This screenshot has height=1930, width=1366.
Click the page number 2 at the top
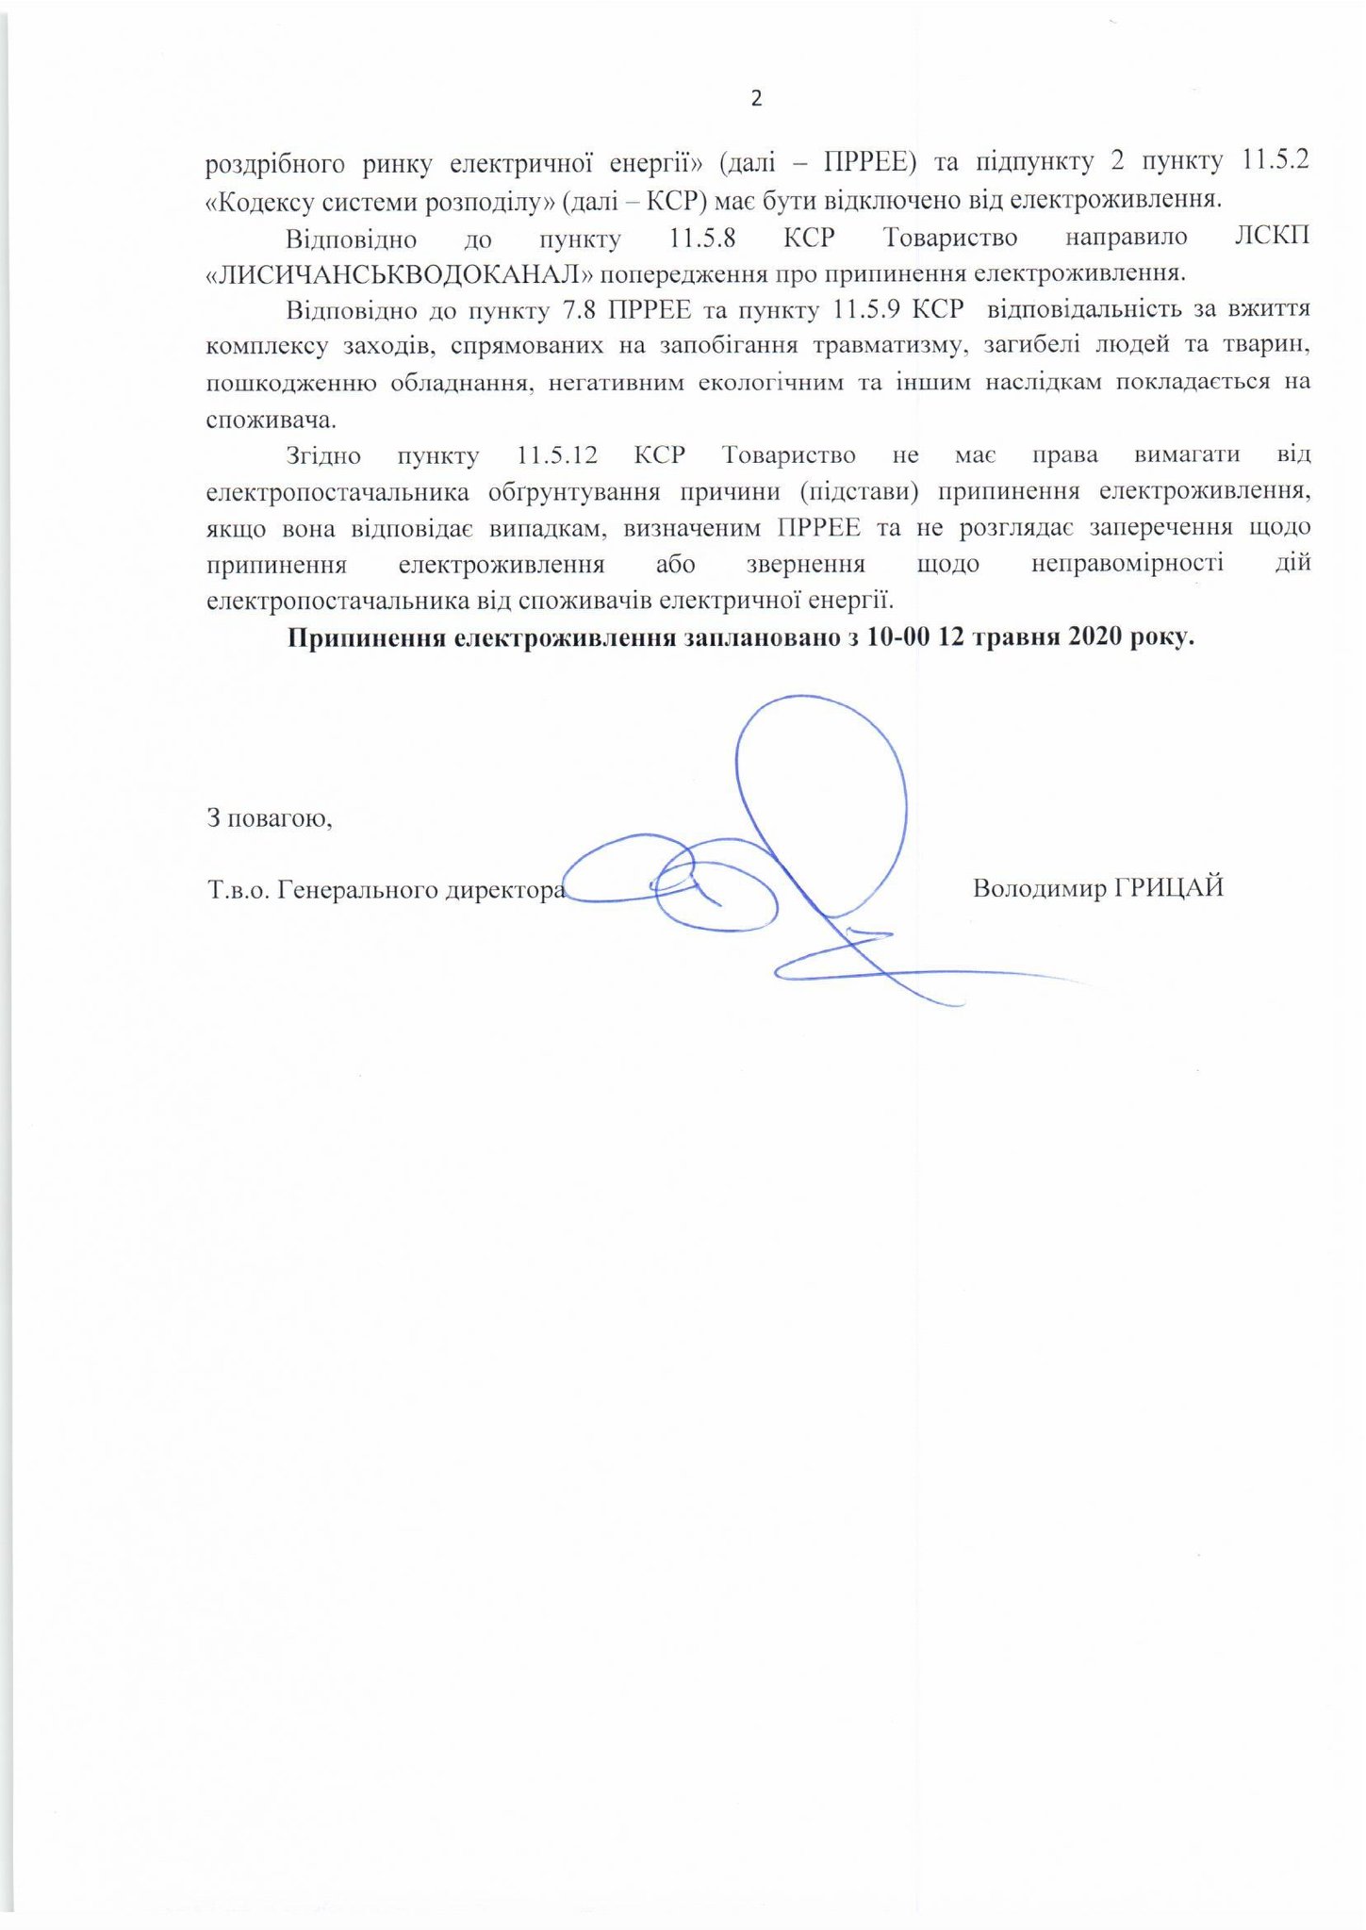755,99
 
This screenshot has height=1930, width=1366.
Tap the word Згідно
323,455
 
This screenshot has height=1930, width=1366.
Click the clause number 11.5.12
558,455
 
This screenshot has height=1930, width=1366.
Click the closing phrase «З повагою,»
270,817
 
